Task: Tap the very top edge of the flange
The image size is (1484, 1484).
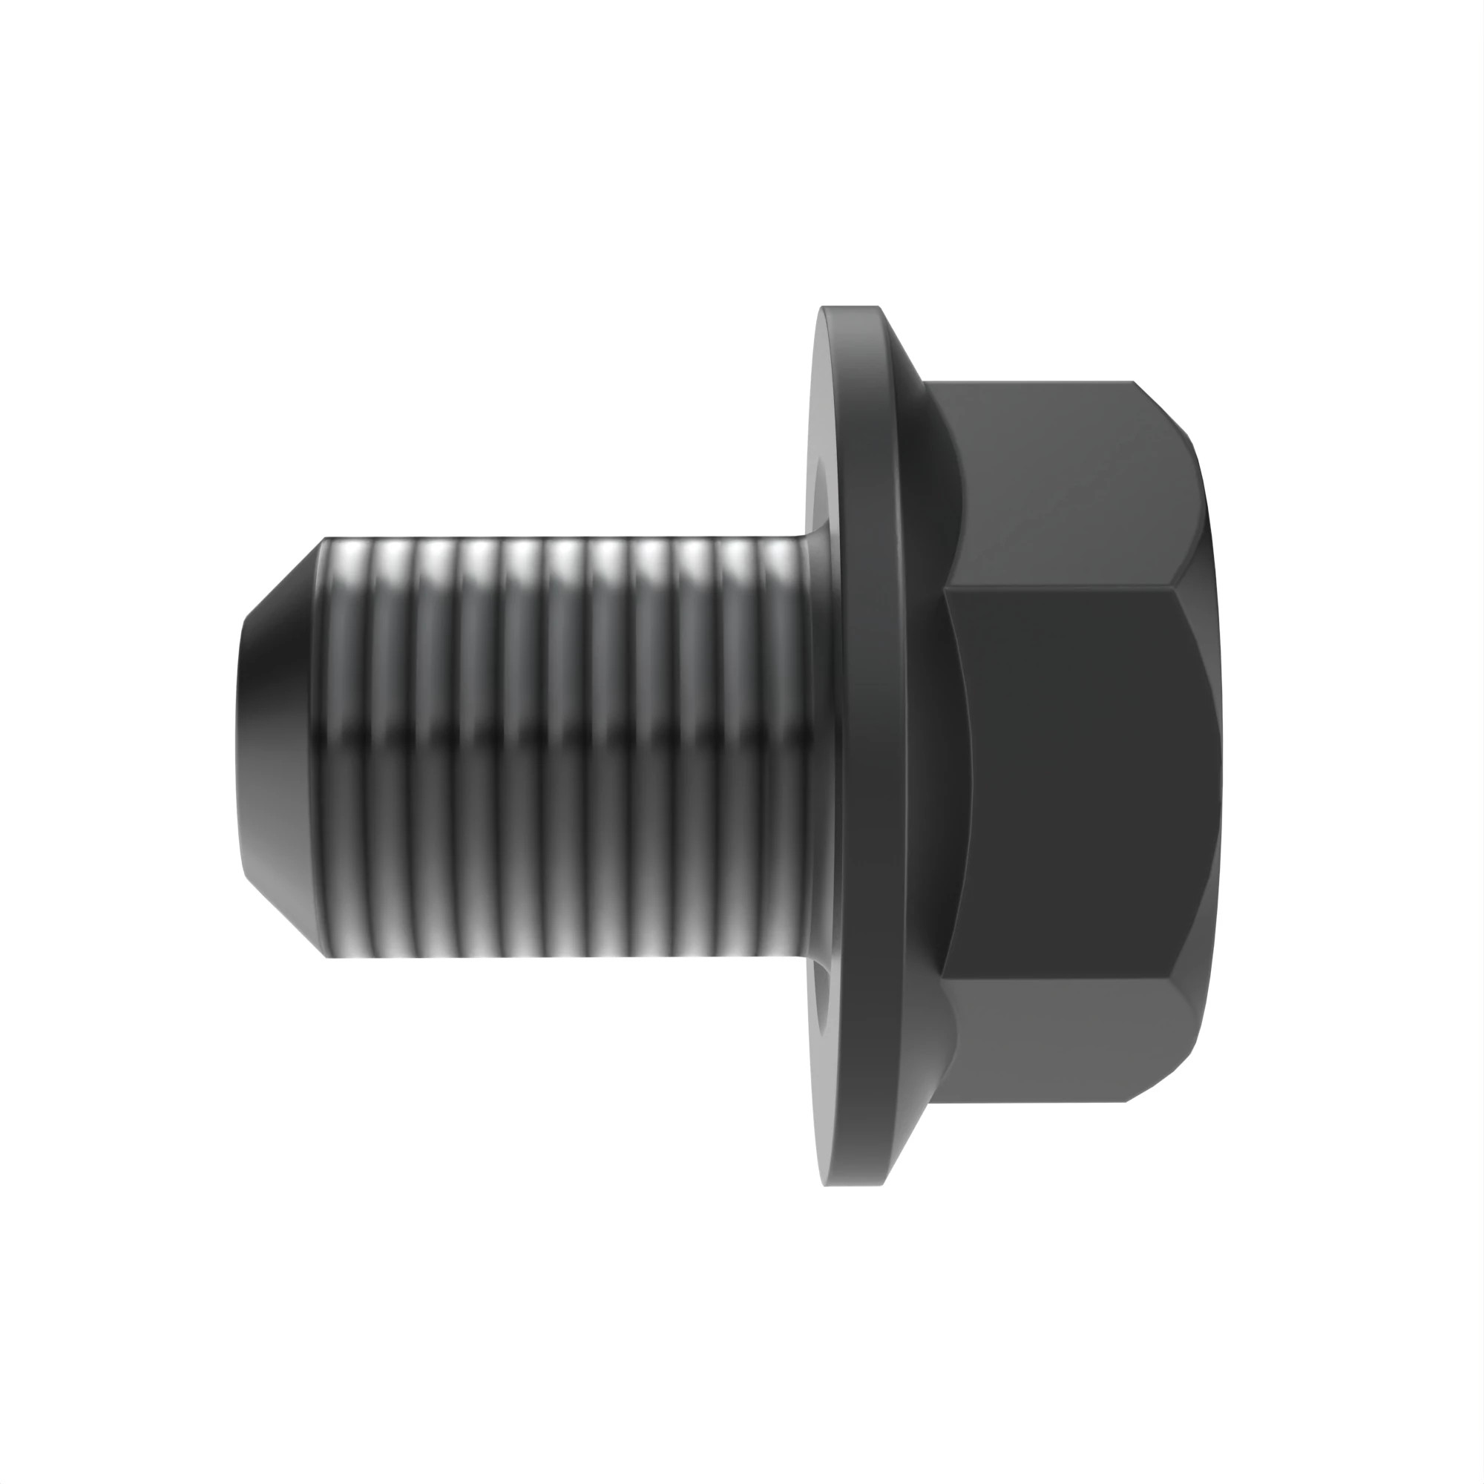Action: click(850, 308)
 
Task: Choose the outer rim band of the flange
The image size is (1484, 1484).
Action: click(872, 746)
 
